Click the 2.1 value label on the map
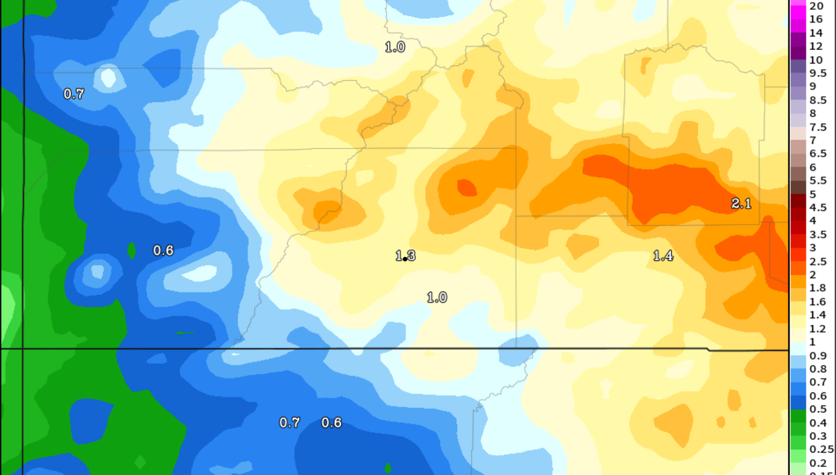click(x=741, y=204)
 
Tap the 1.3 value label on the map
click(x=405, y=255)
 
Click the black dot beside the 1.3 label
click(x=405, y=259)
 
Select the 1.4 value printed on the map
click(x=663, y=256)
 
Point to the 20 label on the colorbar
click(x=816, y=6)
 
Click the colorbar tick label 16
click(x=816, y=19)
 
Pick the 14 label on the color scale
click(x=816, y=33)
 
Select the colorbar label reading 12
click(x=816, y=46)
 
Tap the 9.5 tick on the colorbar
click(x=818, y=73)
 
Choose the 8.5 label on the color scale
click(x=818, y=100)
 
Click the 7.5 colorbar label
click(x=818, y=127)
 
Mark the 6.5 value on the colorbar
click(x=818, y=154)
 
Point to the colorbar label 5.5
click(x=818, y=181)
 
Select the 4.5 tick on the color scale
click(x=818, y=208)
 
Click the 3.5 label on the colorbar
click(x=818, y=235)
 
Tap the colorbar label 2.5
click(x=818, y=262)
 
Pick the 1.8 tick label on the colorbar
click(x=818, y=288)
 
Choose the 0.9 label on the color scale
click(x=818, y=356)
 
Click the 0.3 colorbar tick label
click(x=818, y=436)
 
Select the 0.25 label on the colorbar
click(x=821, y=449)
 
